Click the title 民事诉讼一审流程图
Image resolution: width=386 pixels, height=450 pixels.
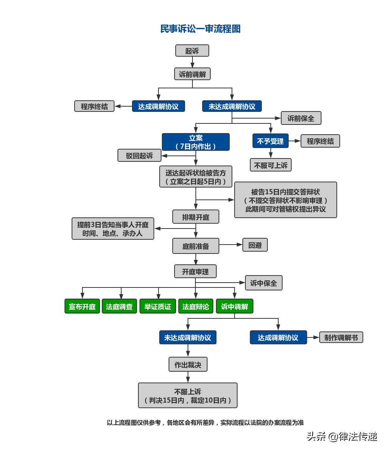pyautogui.click(x=200, y=29)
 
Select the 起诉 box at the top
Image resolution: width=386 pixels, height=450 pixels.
pyautogui.click(x=192, y=51)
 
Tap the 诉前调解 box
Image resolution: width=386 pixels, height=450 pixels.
pyautogui.click(x=192, y=74)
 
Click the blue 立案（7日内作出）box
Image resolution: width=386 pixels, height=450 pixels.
pyautogui.click(x=195, y=142)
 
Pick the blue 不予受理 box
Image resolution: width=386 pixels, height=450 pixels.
pyautogui.click(x=270, y=141)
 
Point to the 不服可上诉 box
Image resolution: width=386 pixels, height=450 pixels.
pyautogui.click(x=270, y=165)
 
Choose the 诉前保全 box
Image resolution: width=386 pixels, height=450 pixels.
pyautogui.click(x=301, y=118)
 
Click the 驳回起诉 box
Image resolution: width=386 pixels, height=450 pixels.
pyautogui.click(x=139, y=155)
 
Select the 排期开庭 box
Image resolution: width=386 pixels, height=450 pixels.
pyautogui.click(x=195, y=217)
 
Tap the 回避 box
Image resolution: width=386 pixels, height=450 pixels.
pyautogui.click(x=255, y=245)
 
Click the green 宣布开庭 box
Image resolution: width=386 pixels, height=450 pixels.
pyautogui.click(x=82, y=306)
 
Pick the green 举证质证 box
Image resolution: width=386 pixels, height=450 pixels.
pyautogui.click(x=157, y=306)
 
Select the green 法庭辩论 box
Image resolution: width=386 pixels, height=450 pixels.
pyautogui.click(x=195, y=306)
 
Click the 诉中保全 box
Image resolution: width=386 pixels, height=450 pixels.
pyautogui.click(x=263, y=283)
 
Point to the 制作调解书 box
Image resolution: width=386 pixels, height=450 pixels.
pyautogui.click(x=341, y=337)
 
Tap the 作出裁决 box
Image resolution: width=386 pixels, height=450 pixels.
pyautogui.click(x=188, y=365)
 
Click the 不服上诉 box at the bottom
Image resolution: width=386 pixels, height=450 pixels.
pyautogui.click(x=188, y=396)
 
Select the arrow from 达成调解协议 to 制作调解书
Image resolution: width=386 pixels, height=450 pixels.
pyautogui.click(x=313, y=337)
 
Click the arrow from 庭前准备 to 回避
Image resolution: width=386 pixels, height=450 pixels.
pyautogui.click(x=231, y=245)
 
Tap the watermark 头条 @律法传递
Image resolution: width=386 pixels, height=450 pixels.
pyautogui.click(x=342, y=436)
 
